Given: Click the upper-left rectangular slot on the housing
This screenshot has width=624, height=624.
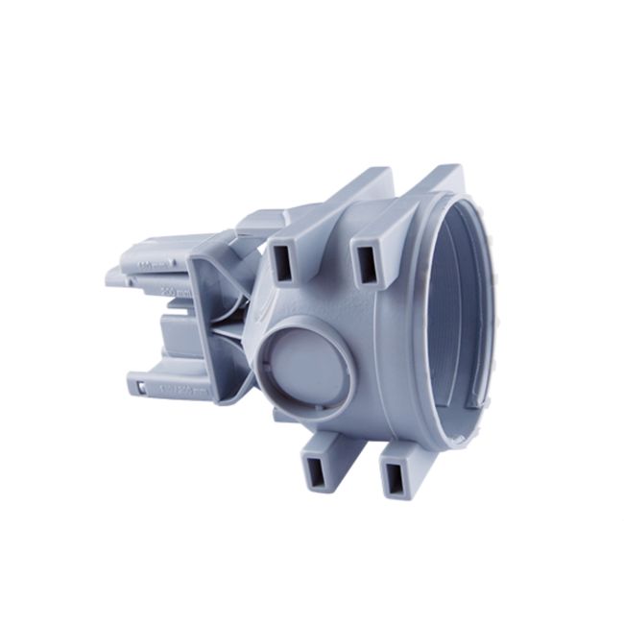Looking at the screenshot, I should [x=285, y=259].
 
